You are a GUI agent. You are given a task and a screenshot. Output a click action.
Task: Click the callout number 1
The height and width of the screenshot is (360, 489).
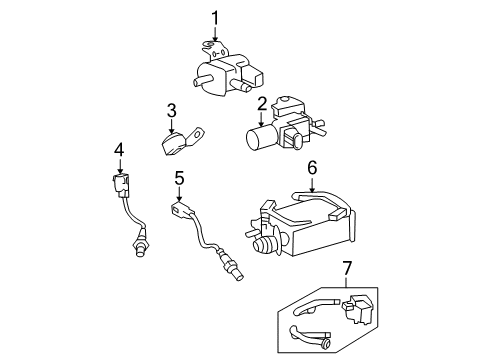click(214, 16)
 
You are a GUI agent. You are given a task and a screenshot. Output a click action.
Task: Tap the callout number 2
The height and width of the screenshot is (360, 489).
click(261, 103)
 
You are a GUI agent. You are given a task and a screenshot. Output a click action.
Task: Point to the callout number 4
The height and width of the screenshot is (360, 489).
click(119, 149)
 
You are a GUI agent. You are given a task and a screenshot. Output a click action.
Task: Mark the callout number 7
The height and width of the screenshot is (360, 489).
click(347, 267)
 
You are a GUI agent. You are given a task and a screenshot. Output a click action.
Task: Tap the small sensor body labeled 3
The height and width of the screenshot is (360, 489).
click(171, 140)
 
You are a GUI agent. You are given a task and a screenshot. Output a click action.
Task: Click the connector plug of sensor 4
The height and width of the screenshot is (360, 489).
click(120, 186)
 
